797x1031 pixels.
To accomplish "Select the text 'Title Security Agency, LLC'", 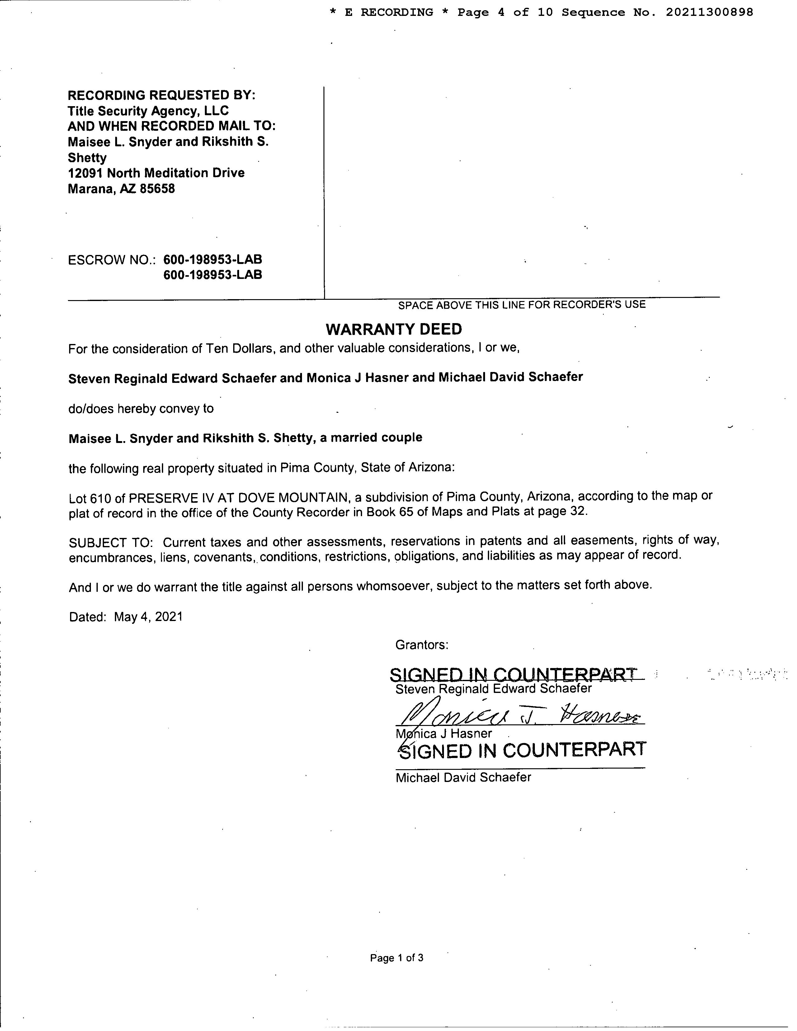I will (148, 111).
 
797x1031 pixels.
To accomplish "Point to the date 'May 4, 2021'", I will (148, 617).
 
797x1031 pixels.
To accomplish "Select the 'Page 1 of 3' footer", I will (397, 958).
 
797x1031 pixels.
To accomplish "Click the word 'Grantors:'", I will (422, 645).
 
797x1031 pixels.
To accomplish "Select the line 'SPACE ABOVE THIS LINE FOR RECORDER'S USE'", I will (522, 305).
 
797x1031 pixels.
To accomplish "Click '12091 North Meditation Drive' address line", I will (156, 173).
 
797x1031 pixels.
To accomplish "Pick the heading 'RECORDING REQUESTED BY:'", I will (162, 95).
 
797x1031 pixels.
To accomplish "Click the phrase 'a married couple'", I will (371, 438).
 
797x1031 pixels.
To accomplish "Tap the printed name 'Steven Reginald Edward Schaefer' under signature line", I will (493, 689).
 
